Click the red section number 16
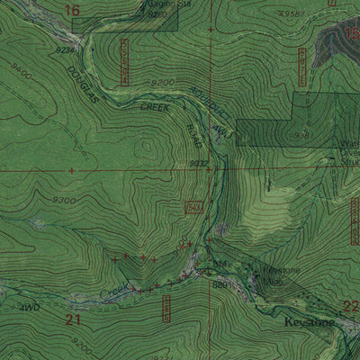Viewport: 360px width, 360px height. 73,10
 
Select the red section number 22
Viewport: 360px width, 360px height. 351,306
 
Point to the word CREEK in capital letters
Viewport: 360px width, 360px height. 154,106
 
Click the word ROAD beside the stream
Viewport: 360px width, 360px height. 193,135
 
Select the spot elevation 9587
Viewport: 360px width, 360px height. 289,14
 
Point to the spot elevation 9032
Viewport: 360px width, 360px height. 199,163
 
